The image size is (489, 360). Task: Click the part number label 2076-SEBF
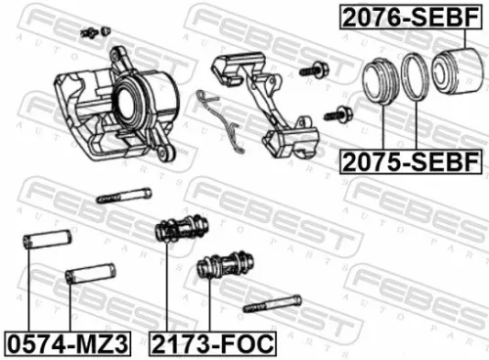click(x=410, y=18)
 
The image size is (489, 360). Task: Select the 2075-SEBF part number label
click(x=409, y=158)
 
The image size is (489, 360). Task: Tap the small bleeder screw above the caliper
click(x=94, y=32)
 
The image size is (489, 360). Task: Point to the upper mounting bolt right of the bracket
click(x=316, y=70)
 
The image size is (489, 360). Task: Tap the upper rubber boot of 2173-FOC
click(x=180, y=231)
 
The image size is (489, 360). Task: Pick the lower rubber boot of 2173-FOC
click(x=224, y=266)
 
